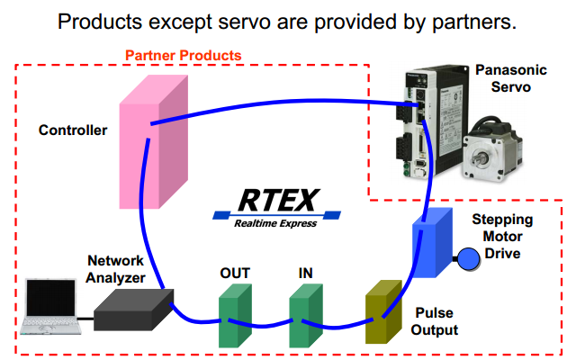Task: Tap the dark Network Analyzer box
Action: (132, 309)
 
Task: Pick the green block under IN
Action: (304, 315)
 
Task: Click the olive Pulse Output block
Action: (381, 312)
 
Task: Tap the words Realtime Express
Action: (274, 223)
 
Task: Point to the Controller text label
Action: (73, 130)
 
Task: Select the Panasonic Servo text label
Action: (510, 77)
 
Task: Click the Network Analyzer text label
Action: (115, 268)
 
